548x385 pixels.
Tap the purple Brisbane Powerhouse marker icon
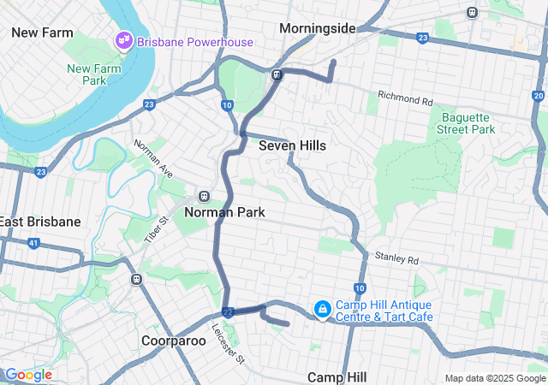pos(124,40)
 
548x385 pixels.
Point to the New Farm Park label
pos(86,74)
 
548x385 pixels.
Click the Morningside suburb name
pos(318,28)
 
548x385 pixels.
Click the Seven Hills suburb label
pos(292,145)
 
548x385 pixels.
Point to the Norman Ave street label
pos(151,156)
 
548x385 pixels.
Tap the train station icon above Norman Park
pos(204,196)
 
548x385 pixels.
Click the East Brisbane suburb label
pos(40,222)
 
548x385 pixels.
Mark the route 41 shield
pos(33,244)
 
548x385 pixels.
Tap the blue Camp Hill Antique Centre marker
pos(322,308)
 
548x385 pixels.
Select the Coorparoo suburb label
pos(174,341)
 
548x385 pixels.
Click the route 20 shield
pos(538,96)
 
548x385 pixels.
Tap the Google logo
pos(28,375)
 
